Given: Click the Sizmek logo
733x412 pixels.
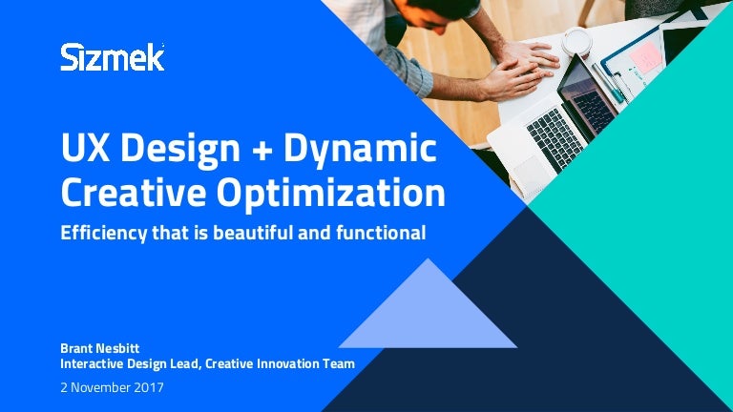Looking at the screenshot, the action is click(113, 57).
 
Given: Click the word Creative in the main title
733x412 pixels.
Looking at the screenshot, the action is click(134, 193).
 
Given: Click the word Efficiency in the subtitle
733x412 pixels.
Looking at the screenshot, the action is click(103, 234).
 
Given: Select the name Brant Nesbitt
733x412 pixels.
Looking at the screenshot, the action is click(99, 348).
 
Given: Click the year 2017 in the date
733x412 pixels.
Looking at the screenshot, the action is click(149, 387).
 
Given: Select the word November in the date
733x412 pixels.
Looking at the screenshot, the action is click(100, 387).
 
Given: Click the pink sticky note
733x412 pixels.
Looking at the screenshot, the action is click(645, 57).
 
